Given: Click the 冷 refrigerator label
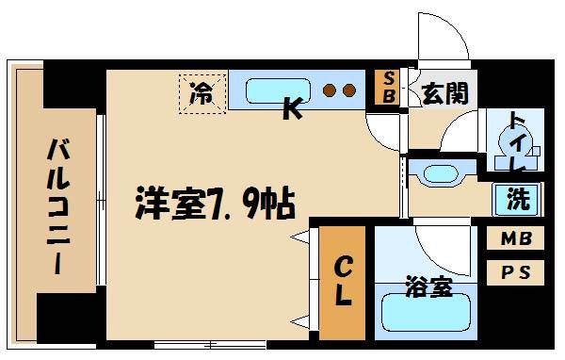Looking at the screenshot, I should (202, 94).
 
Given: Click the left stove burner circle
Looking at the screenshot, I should (331, 91).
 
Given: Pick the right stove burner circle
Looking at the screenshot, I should (348, 91).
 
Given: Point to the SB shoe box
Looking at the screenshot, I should (387, 88).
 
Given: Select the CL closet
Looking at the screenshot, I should (343, 282).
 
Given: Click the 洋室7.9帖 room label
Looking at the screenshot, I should (216, 202).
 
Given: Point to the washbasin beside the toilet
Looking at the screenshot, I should (440, 172).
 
